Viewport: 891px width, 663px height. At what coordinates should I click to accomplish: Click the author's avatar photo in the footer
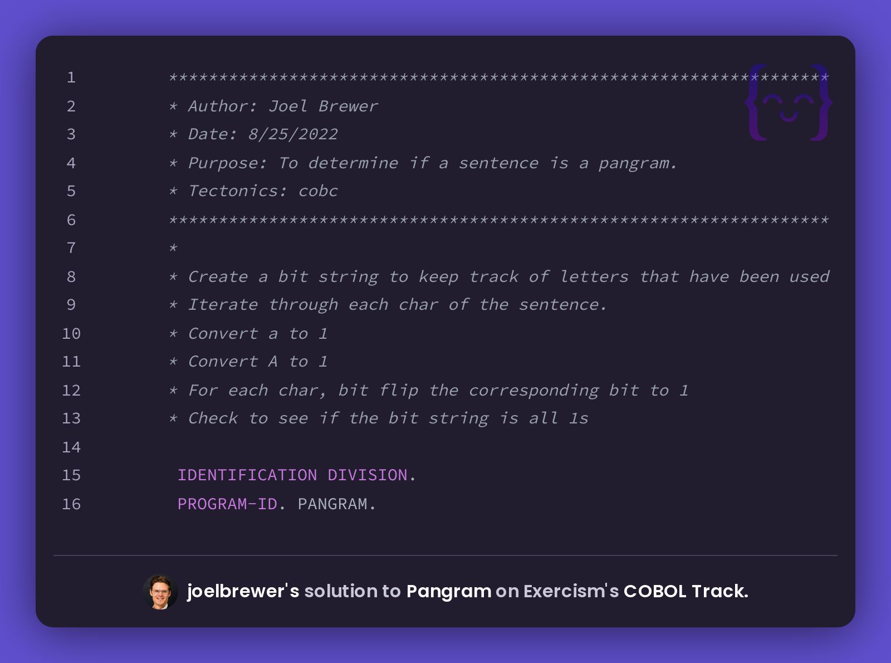click(x=160, y=592)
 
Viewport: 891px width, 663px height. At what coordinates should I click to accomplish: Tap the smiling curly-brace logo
click(x=788, y=103)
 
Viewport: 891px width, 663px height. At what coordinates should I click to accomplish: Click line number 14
click(x=71, y=447)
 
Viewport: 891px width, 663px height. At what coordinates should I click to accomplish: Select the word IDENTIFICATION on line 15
click(x=247, y=475)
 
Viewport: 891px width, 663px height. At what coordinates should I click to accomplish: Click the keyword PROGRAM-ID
click(x=227, y=504)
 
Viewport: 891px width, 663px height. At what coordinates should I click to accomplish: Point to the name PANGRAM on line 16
click(x=332, y=504)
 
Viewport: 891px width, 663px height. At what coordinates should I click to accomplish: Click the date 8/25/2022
click(x=293, y=134)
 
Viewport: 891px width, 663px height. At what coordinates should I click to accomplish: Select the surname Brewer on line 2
click(x=348, y=106)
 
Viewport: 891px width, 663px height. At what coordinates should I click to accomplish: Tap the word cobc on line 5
click(x=318, y=191)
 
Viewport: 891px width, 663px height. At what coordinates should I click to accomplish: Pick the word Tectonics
click(x=233, y=191)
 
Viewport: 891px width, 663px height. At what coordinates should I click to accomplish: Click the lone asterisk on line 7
click(x=173, y=247)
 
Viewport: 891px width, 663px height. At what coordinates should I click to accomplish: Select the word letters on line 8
click(x=594, y=276)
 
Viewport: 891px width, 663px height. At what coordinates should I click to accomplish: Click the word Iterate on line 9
click(x=223, y=305)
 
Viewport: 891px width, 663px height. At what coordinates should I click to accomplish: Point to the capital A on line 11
click(x=273, y=362)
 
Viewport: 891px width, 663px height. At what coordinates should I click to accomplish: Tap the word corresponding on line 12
click(x=533, y=391)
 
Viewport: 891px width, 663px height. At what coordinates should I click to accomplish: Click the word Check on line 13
click(x=213, y=418)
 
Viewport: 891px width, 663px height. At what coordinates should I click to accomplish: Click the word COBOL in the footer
click(x=655, y=591)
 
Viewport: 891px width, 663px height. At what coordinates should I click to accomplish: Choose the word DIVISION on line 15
click(x=368, y=475)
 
